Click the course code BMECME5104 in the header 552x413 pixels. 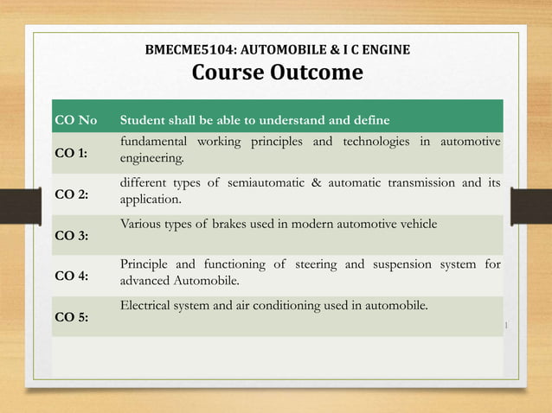pyautogui.click(x=184, y=51)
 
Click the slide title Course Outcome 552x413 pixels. pyautogui.click(x=277, y=73)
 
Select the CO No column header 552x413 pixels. pyautogui.click(x=76, y=119)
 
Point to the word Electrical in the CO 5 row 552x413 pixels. pyautogui.click(x=145, y=305)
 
